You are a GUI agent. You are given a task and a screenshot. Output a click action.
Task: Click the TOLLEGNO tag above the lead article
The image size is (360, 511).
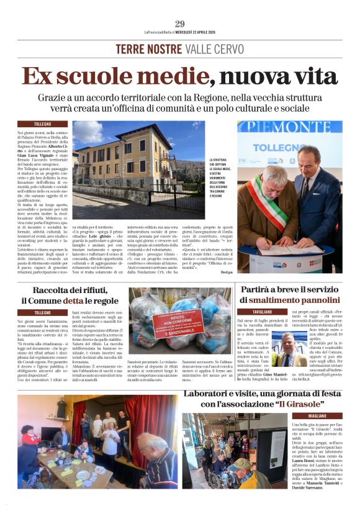pos(43,124)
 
